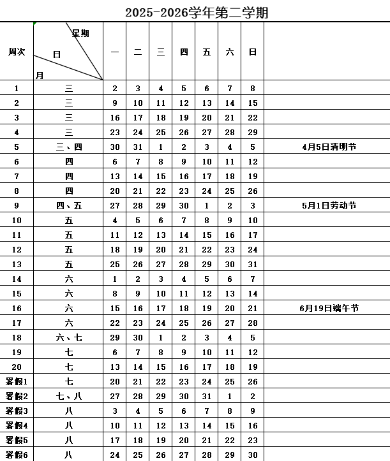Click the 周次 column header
(x=17, y=52)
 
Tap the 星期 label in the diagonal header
(x=80, y=33)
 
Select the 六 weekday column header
(x=230, y=52)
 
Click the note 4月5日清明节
(x=329, y=147)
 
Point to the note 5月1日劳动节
(x=329, y=205)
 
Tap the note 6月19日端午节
(x=329, y=309)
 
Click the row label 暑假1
(x=17, y=381)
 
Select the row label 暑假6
(x=17, y=455)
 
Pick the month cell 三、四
(x=69, y=147)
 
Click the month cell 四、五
(x=69, y=205)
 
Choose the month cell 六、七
(x=69, y=338)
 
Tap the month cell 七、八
(x=69, y=396)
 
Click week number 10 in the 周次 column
(x=17, y=221)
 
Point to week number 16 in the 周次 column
(x=17, y=309)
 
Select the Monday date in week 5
(x=115, y=147)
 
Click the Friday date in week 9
(x=207, y=205)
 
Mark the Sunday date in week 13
(x=253, y=265)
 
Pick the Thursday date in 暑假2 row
(x=184, y=396)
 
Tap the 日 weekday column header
(x=253, y=52)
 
